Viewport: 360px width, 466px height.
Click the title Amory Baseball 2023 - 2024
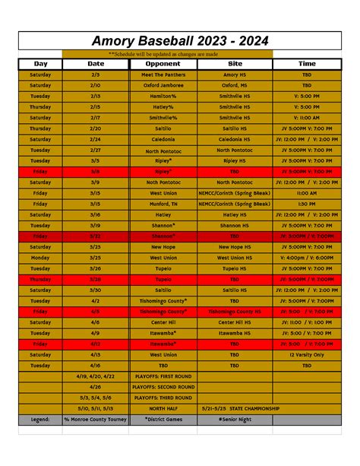180,40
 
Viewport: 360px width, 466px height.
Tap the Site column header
234,65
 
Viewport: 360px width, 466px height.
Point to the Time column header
307,65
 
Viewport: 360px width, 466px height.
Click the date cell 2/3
96,75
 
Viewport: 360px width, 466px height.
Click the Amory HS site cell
234,75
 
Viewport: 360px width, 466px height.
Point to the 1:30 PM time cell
307,204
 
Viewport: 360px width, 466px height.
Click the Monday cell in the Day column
40,258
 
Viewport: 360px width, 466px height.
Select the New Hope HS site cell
234,247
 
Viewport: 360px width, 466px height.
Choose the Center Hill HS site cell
234,322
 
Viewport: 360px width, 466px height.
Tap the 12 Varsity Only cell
307,354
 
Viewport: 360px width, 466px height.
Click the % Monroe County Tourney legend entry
96,419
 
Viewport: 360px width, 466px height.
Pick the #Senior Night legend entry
234,419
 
